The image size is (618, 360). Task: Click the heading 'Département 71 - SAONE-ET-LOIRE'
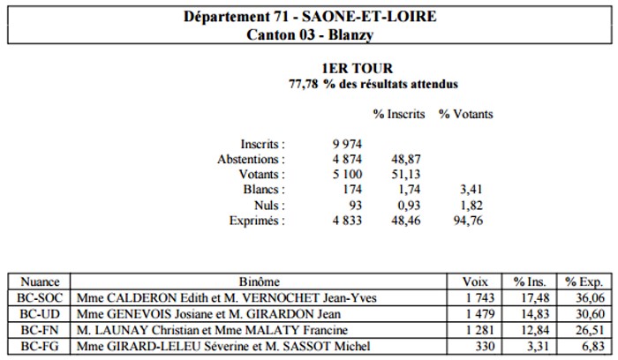tap(310, 17)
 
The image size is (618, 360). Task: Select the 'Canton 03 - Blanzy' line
tap(310, 34)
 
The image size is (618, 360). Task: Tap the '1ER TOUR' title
tap(357, 68)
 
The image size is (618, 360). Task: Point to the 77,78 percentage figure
tap(303, 84)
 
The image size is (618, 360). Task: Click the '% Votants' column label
tap(466, 114)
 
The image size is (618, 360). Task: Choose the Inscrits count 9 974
tap(347, 144)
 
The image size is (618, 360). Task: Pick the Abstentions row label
tap(251, 160)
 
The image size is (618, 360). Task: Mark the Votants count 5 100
tap(347, 174)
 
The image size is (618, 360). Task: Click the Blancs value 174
tap(352, 190)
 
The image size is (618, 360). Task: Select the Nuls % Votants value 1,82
tap(471, 206)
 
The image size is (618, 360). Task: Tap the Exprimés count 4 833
tap(347, 221)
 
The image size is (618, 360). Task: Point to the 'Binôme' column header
tap(259, 282)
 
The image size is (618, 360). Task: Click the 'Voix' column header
tap(475, 282)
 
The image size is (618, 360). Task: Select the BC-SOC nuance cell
tap(40, 297)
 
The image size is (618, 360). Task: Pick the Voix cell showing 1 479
tap(480, 314)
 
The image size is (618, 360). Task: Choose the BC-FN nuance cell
tap(40, 330)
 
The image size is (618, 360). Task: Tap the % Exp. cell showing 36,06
tap(590, 297)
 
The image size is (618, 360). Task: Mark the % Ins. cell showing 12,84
tap(535, 330)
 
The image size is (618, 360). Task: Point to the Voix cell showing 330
tap(485, 346)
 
